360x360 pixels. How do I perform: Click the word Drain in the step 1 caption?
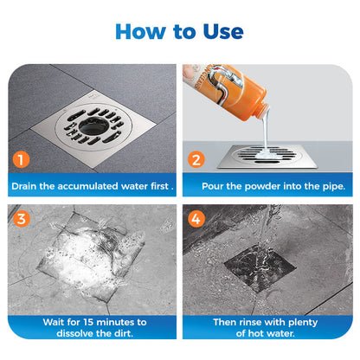[29, 186]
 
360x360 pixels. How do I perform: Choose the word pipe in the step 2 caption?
[325, 186]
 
